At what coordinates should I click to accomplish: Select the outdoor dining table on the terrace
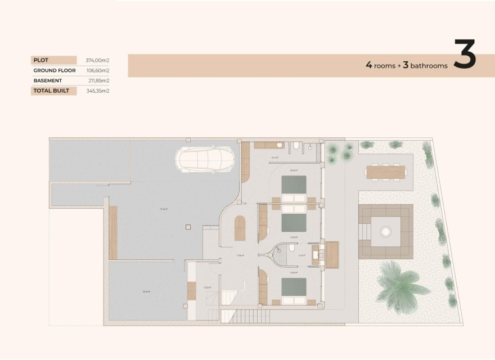coord(386,172)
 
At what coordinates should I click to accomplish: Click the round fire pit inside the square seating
coord(386,231)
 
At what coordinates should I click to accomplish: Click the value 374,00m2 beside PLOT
coord(97,60)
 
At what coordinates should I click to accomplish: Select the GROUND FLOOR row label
coord(53,70)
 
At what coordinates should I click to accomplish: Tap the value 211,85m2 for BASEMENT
coord(97,80)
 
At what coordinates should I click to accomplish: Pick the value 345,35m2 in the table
coord(97,91)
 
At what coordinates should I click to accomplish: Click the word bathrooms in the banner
coord(429,66)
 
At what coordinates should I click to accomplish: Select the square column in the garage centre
coord(188,227)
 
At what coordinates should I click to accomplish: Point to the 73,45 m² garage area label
coord(164,209)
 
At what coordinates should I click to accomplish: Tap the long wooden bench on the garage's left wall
coord(113,232)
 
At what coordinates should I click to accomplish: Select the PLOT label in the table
coord(40,60)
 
